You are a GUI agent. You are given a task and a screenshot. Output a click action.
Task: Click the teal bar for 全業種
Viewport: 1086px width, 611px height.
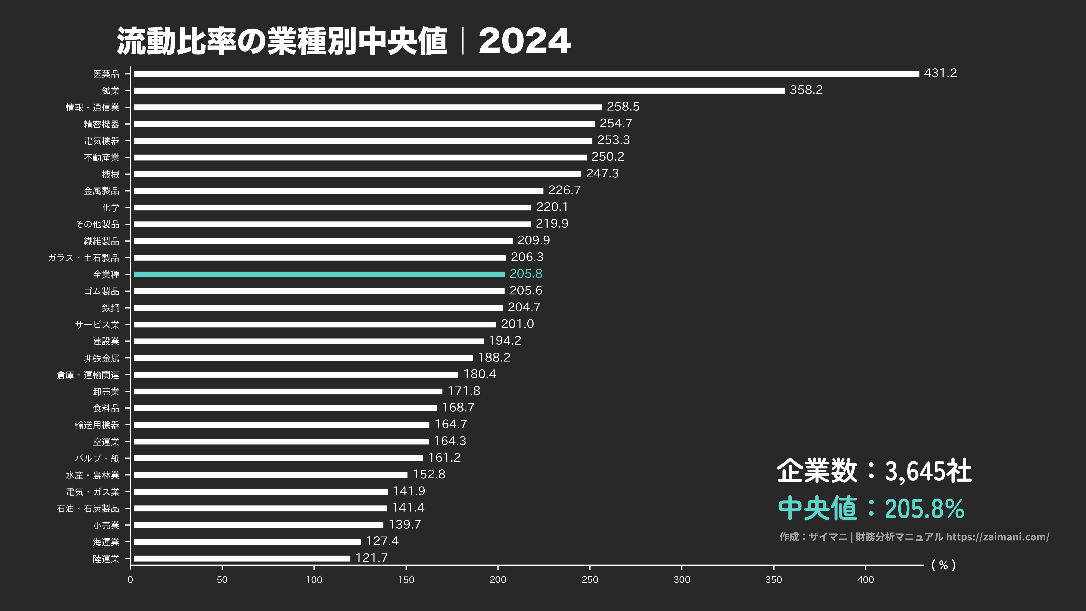pyautogui.click(x=319, y=274)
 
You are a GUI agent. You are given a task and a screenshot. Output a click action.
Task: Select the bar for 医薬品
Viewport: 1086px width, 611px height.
pyautogui.click(x=526, y=74)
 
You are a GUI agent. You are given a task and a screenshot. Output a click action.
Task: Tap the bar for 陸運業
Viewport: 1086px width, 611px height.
pyautogui.click(x=242, y=558)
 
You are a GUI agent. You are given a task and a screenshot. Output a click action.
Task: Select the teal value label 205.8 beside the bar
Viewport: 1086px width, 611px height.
pyautogui.click(x=526, y=274)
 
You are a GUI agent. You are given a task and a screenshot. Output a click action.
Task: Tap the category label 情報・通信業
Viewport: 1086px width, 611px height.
pyautogui.click(x=92, y=107)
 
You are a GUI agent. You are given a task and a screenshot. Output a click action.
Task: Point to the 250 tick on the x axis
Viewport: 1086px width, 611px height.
pyautogui.click(x=590, y=579)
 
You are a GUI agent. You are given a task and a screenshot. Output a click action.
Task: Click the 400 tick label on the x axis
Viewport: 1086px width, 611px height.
pyautogui.click(x=866, y=579)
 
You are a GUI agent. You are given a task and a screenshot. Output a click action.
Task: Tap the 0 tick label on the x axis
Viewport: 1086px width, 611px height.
pyautogui.click(x=130, y=579)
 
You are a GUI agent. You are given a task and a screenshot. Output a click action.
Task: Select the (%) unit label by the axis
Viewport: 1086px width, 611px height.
pyautogui.click(x=943, y=565)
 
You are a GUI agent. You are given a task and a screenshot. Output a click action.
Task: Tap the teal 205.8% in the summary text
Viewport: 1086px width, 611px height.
pyautogui.click(x=924, y=509)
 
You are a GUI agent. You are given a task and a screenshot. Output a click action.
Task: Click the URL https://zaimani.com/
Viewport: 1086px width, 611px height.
pyautogui.click(x=997, y=537)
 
